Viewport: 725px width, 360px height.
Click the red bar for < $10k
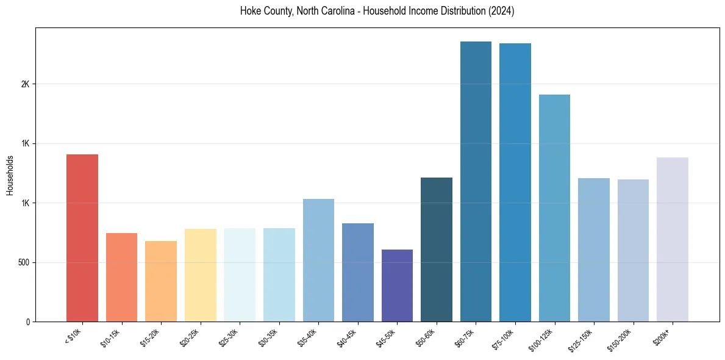click(x=82, y=238)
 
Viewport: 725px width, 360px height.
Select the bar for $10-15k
click(x=121, y=278)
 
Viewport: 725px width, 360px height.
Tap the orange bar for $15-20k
click(x=161, y=281)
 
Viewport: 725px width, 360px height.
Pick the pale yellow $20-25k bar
click(x=200, y=275)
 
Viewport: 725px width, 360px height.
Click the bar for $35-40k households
click(x=318, y=261)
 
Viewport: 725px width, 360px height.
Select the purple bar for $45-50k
click(x=397, y=286)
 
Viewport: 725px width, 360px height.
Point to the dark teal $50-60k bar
click(x=437, y=250)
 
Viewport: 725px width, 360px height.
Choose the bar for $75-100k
click(x=515, y=182)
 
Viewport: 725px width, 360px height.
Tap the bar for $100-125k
click(x=554, y=208)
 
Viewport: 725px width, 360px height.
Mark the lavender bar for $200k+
click(x=673, y=240)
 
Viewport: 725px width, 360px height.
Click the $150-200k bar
click(x=633, y=251)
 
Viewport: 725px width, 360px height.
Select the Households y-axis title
click(x=10, y=175)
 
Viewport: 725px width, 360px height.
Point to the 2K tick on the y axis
click(x=26, y=84)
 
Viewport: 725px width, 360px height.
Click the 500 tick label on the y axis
click(x=23, y=262)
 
